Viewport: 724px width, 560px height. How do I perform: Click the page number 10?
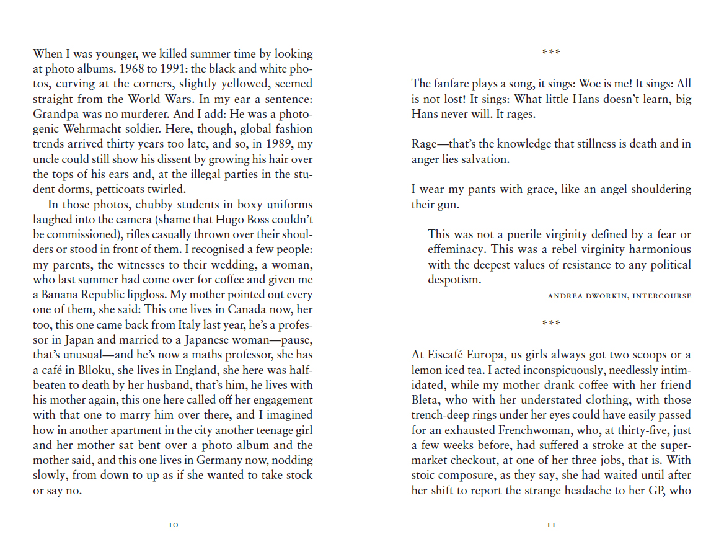pyautogui.click(x=174, y=525)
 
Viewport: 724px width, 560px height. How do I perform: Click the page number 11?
pyautogui.click(x=551, y=525)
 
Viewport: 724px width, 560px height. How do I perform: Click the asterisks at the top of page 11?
pyautogui.click(x=551, y=52)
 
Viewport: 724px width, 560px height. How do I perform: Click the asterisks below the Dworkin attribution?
pyautogui.click(x=551, y=324)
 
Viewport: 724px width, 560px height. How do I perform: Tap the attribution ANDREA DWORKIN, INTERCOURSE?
pyautogui.click(x=619, y=296)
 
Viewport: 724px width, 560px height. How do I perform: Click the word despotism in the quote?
pyautogui.click(x=454, y=279)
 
